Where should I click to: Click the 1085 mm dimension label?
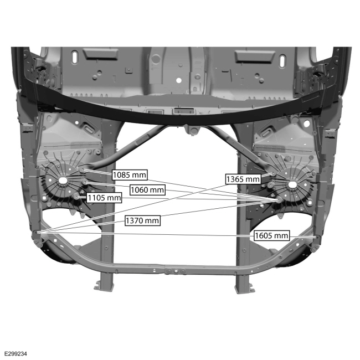[x=130, y=175]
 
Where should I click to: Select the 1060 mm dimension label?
[x=147, y=190]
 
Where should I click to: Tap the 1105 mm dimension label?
[x=104, y=198]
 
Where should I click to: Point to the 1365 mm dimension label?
[x=243, y=179]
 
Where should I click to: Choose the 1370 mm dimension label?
[x=142, y=220]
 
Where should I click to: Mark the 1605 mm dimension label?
[x=271, y=235]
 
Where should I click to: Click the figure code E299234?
[x=16, y=353]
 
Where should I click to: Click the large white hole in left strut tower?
[x=62, y=180]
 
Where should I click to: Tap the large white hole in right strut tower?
[x=292, y=184]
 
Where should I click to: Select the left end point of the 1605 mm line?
[x=37, y=233]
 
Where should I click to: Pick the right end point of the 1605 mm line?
[x=317, y=236]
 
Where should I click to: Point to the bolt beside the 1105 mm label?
[x=76, y=197]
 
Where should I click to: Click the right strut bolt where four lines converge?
[x=279, y=199]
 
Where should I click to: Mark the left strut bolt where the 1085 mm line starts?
[x=83, y=169]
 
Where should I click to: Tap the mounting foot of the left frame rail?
[x=104, y=286]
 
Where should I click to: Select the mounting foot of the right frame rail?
[x=245, y=289]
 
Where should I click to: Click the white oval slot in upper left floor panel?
[x=75, y=58]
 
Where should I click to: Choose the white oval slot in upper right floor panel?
[x=282, y=61]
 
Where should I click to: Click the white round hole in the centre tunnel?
[x=179, y=80]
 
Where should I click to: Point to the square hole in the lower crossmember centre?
[x=176, y=271]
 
